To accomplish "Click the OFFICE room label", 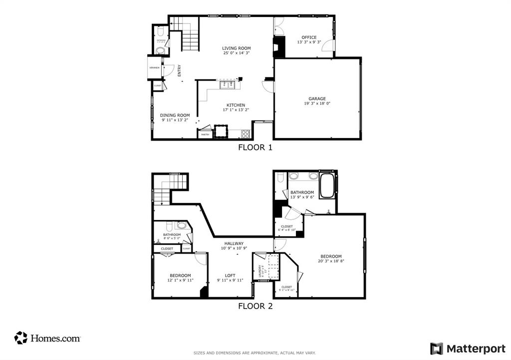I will coord(309,37).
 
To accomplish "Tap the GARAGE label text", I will coord(317,99).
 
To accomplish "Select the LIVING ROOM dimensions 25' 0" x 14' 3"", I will coord(236,53).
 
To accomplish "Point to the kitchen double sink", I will coord(228,85).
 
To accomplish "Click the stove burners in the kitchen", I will coord(246,133).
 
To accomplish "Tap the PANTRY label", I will coord(205,135).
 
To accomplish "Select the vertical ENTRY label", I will coord(179,71).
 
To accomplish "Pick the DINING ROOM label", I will coord(175,115).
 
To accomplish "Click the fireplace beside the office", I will coord(279,47).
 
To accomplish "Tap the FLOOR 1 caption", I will coord(255,147).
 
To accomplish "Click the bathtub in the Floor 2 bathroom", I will coord(327,185).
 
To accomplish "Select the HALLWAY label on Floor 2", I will coord(234,243).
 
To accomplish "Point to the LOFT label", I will coord(230,275).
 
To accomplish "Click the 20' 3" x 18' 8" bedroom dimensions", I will coord(331,261).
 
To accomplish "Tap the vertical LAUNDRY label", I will coord(260,271).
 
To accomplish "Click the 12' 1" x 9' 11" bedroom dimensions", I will coord(180,280).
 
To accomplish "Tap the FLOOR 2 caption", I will coord(255,306).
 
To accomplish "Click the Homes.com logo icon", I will coord(20,338).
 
